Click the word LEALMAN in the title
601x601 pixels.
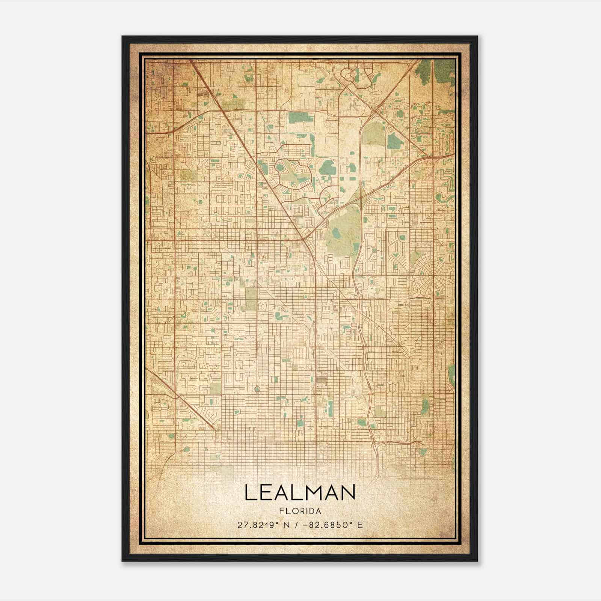click(x=300, y=492)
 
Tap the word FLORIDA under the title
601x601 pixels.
click(x=300, y=511)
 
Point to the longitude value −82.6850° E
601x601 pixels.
click(x=331, y=525)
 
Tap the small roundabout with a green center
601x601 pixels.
click(x=257, y=389)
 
